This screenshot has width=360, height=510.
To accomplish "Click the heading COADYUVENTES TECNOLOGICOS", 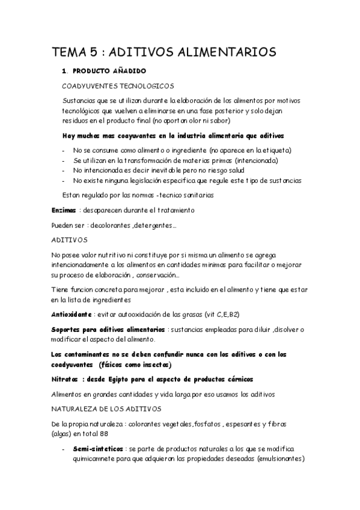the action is coord(118,86).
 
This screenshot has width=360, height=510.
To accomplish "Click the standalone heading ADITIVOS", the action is coord(70,239).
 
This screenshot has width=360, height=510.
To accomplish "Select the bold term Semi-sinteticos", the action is coord(98,449).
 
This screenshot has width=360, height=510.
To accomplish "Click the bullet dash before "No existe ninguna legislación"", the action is coord(64,180).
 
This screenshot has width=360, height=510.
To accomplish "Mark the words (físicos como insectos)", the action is coord(135,364).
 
